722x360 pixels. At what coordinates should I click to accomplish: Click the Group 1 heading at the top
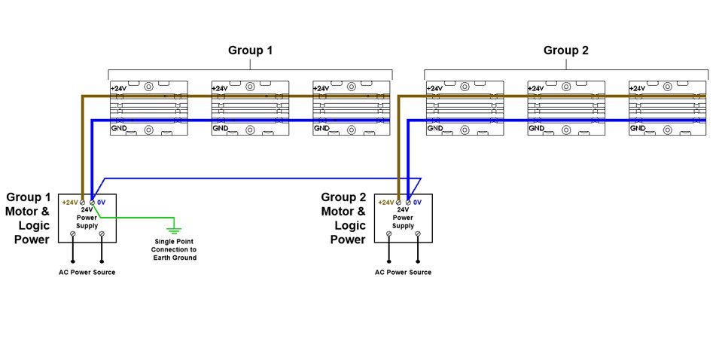(x=250, y=50)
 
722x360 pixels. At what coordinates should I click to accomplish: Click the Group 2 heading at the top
(x=565, y=50)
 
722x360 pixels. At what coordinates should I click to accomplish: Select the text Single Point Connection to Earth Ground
(x=174, y=249)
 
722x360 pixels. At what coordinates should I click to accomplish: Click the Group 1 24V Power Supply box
(x=87, y=218)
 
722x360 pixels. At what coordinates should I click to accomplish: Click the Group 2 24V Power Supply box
(x=404, y=218)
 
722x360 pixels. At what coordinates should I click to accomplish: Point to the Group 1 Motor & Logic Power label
(x=28, y=218)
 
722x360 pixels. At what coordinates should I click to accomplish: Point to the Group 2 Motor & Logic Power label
(x=343, y=218)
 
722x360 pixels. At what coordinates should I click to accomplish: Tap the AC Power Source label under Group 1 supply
(x=87, y=271)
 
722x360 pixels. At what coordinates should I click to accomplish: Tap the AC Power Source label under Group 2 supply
(x=404, y=271)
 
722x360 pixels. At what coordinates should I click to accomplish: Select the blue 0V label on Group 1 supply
(x=102, y=203)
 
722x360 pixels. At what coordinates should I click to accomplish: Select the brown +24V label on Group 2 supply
(x=385, y=203)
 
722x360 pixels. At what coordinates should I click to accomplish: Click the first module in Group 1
(x=148, y=108)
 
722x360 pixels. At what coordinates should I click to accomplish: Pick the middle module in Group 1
(x=250, y=108)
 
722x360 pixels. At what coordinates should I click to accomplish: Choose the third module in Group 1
(x=352, y=108)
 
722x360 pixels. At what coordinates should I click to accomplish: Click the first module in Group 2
(x=465, y=108)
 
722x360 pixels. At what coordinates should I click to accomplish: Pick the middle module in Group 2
(x=566, y=108)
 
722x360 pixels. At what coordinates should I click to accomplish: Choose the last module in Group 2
(x=668, y=108)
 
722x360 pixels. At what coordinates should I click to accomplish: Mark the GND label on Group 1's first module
(x=117, y=129)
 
